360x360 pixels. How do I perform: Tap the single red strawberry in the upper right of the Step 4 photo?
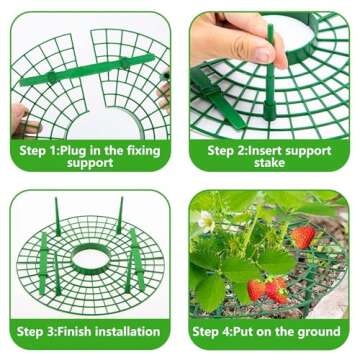[x=303, y=236]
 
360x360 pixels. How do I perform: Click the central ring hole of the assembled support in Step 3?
[x=90, y=257]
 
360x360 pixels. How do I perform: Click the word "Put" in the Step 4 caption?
[x=257, y=329]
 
